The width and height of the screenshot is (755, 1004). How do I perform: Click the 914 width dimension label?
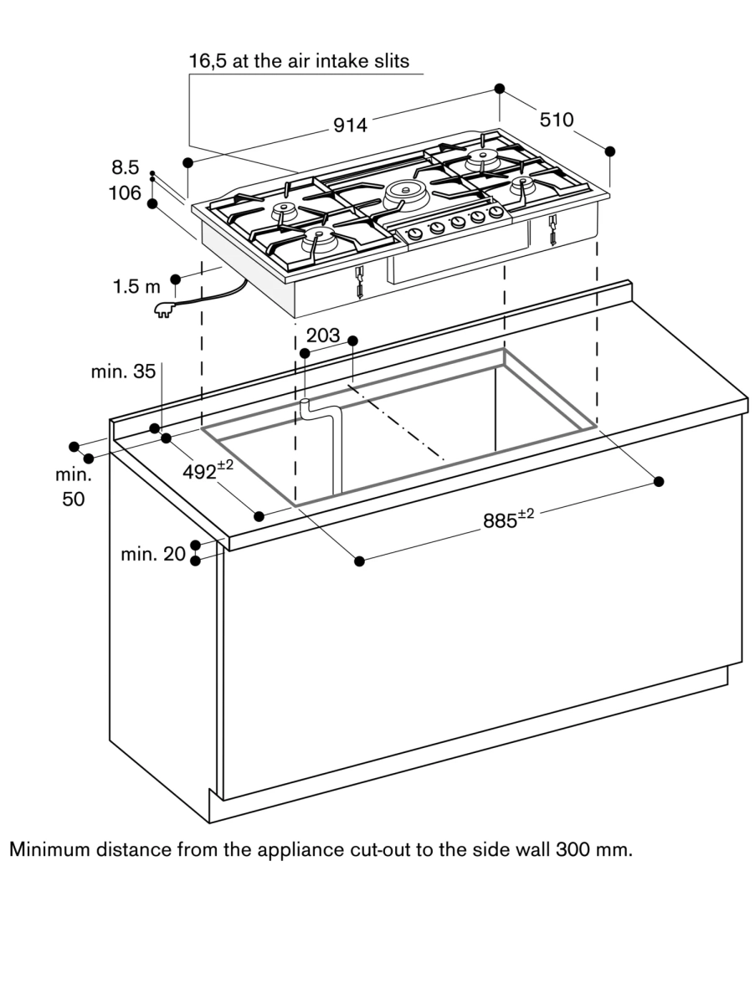coord(350,125)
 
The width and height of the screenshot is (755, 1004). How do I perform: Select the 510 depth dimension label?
coord(557,120)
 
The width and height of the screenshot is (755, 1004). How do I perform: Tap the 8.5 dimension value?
coord(125,167)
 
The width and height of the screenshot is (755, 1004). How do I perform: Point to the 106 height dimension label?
coord(125,193)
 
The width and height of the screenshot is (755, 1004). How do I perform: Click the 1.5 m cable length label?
coord(136,287)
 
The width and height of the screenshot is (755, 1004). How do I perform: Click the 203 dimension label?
coord(323,336)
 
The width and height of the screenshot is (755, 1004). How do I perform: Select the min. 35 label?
coord(123,371)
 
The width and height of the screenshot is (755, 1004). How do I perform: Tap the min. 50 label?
coord(73,486)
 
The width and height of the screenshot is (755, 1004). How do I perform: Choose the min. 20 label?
coord(152,553)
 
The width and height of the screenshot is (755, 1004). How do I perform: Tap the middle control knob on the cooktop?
coord(457,222)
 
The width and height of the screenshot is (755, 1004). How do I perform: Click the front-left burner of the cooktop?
coord(317,239)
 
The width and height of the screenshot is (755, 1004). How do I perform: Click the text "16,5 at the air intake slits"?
coord(299,62)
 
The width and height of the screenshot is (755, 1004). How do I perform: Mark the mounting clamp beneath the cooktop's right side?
coord(553,230)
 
